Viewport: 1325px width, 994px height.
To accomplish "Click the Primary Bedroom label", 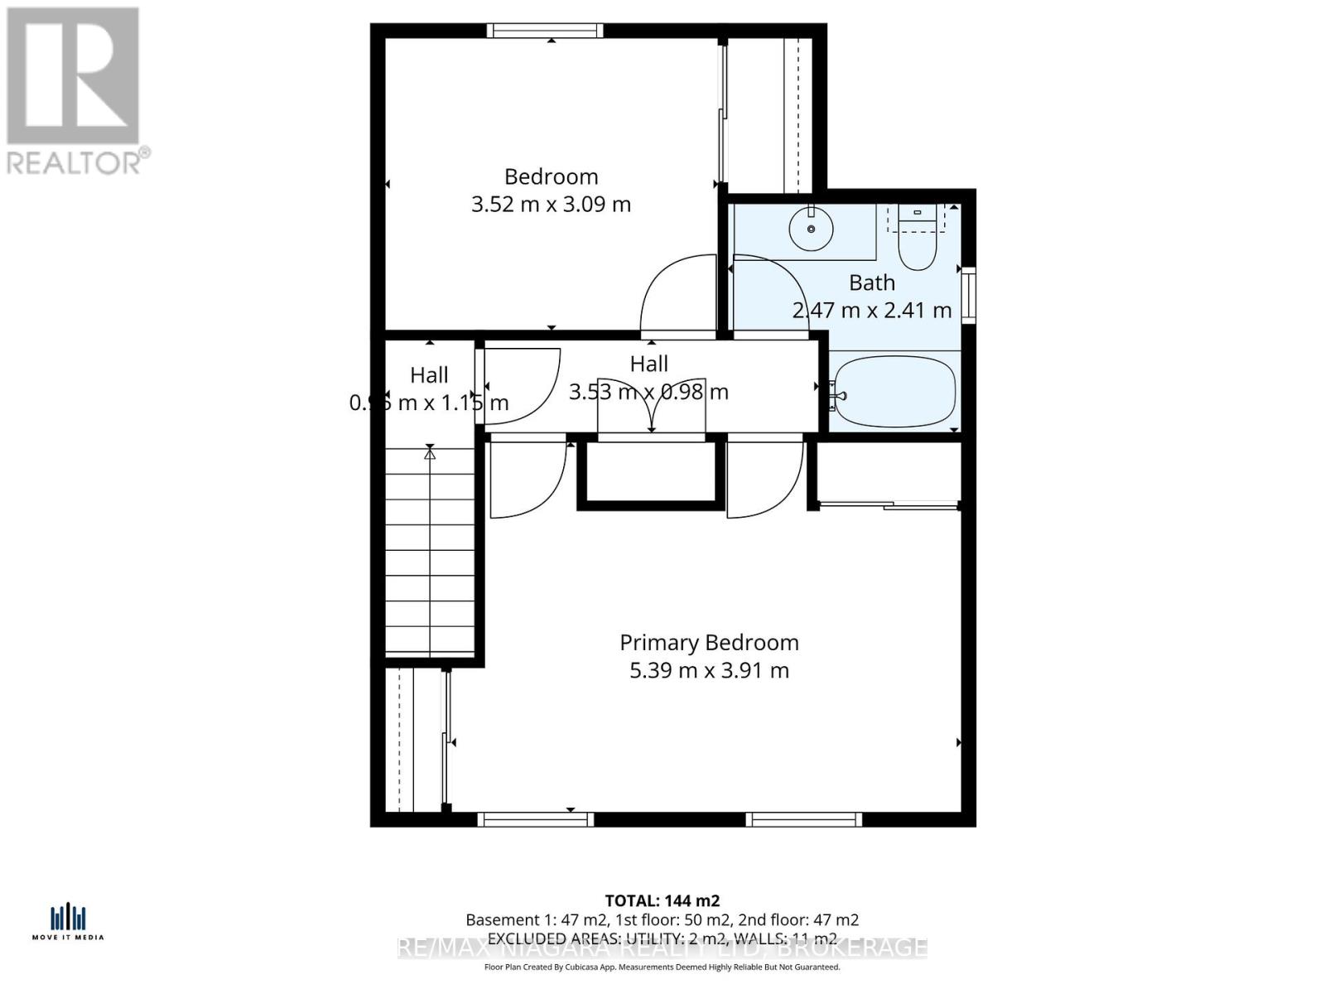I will point(709,643).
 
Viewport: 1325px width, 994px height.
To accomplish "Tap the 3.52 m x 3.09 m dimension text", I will point(551,204).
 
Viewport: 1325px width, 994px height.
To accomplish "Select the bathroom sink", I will point(811,228).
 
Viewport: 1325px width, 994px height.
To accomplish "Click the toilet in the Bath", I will point(917,246).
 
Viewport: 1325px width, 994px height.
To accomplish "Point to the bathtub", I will point(894,391).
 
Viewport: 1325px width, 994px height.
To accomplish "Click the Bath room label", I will point(872,282).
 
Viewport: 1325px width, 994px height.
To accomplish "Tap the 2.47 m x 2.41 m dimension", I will point(872,311).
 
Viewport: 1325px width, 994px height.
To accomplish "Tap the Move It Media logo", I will point(68,922).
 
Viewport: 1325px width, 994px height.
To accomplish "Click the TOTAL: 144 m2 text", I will point(662,900).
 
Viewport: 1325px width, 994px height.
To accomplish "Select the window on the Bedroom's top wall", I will point(544,31).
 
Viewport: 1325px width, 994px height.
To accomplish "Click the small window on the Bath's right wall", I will point(968,295).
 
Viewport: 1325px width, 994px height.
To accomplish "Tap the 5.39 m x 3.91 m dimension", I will point(709,670).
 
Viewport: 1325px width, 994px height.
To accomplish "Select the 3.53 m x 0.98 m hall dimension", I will point(648,392).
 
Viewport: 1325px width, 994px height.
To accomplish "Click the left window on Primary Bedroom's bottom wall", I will point(536,819).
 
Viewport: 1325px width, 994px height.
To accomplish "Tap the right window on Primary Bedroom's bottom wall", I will point(803,819).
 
